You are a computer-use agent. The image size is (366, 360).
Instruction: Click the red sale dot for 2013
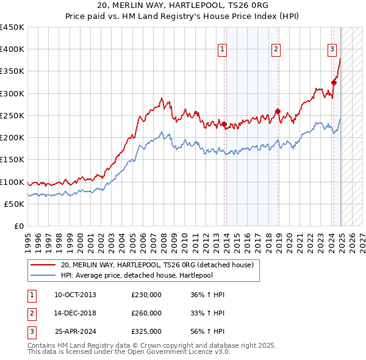(224, 124)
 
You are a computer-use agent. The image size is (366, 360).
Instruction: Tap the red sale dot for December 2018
(278, 111)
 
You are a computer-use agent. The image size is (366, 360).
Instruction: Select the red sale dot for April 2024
(334, 82)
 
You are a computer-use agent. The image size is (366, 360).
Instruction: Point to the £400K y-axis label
(12, 49)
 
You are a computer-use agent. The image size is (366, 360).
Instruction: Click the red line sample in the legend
(43, 265)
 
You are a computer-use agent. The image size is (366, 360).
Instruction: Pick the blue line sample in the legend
(43, 275)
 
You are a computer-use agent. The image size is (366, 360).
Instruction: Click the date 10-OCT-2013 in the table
(75, 295)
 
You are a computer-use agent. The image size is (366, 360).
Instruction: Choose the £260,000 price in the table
(146, 313)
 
